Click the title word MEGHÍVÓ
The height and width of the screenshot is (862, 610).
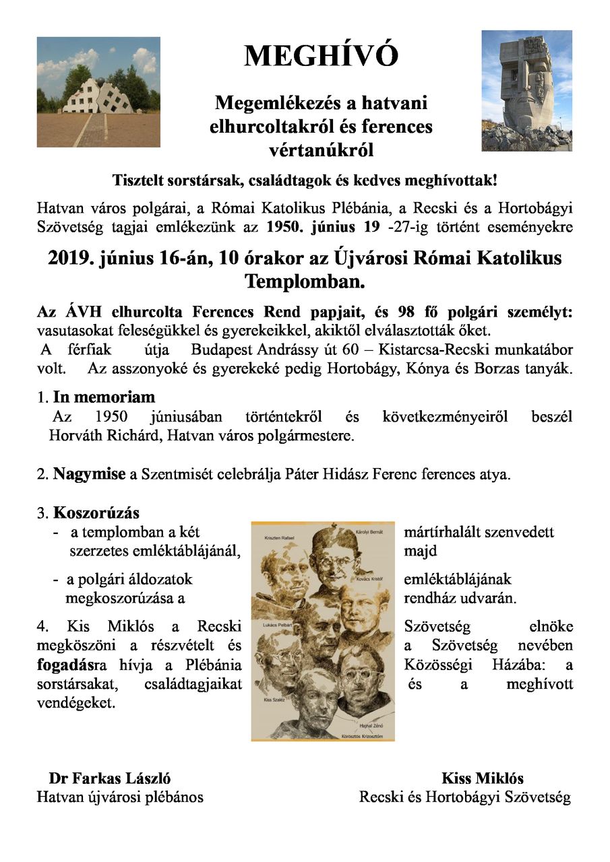(x=321, y=56)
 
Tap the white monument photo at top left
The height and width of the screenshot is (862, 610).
(x=98, y=92)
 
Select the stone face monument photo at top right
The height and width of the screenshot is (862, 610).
(x=526, y=90)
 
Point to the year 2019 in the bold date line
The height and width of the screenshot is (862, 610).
(x=67, y=259)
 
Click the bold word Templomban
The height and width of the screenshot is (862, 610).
(x=305, y=281)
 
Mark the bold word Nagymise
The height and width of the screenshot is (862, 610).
(x=90, y=473)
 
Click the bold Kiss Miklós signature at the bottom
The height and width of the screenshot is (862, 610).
(x=483, y=778)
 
